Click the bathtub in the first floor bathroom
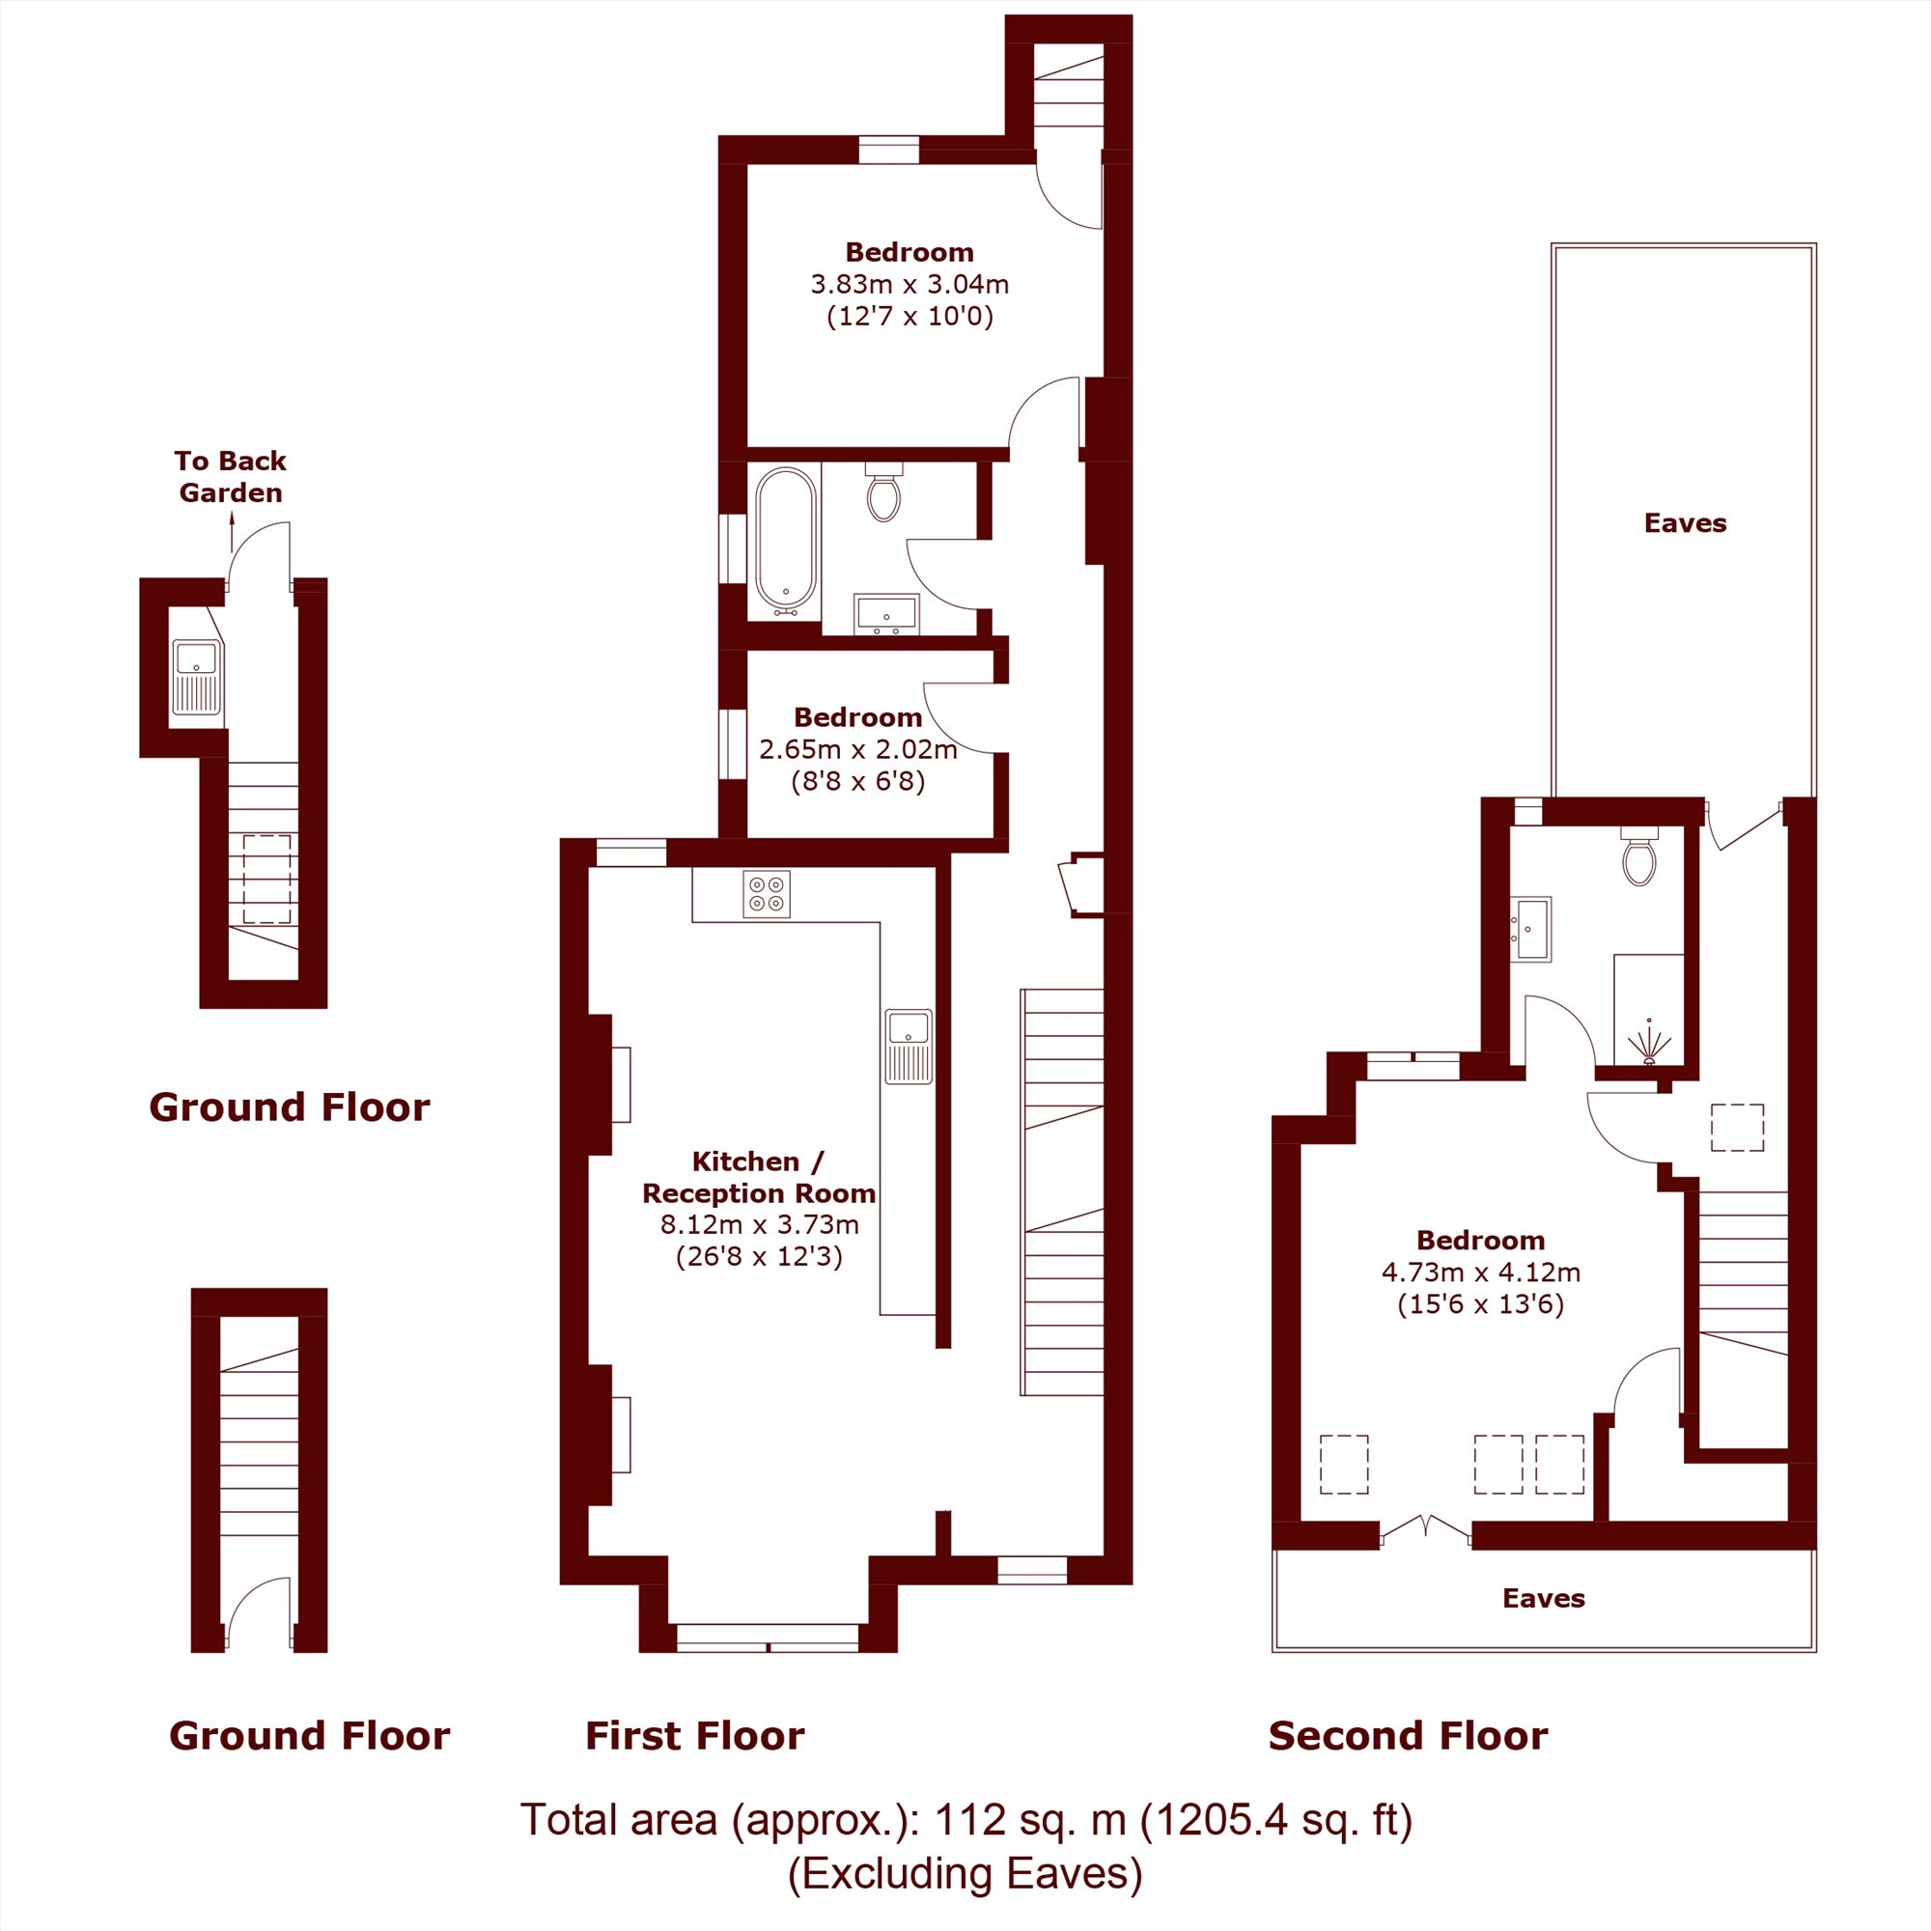[x=786, y=540]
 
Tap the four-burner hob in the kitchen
[x=767, y=893]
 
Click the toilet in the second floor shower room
[x=1639, y=856]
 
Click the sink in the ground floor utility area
[x=197, y=679]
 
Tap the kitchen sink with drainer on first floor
[x=909, y=1047]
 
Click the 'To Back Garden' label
[x=230, y=477]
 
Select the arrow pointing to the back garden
[x=232, y=532]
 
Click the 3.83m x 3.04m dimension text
[x=910, y=285]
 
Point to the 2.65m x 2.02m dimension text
[x=858, y=748]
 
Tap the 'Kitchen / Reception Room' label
[x=759, y=1176]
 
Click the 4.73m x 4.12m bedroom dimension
[x=1481, y=1273]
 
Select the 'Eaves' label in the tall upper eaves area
[x=1685, y=522]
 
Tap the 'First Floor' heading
[x=694, y=1736]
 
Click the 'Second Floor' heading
[x=1409, y=1736]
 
